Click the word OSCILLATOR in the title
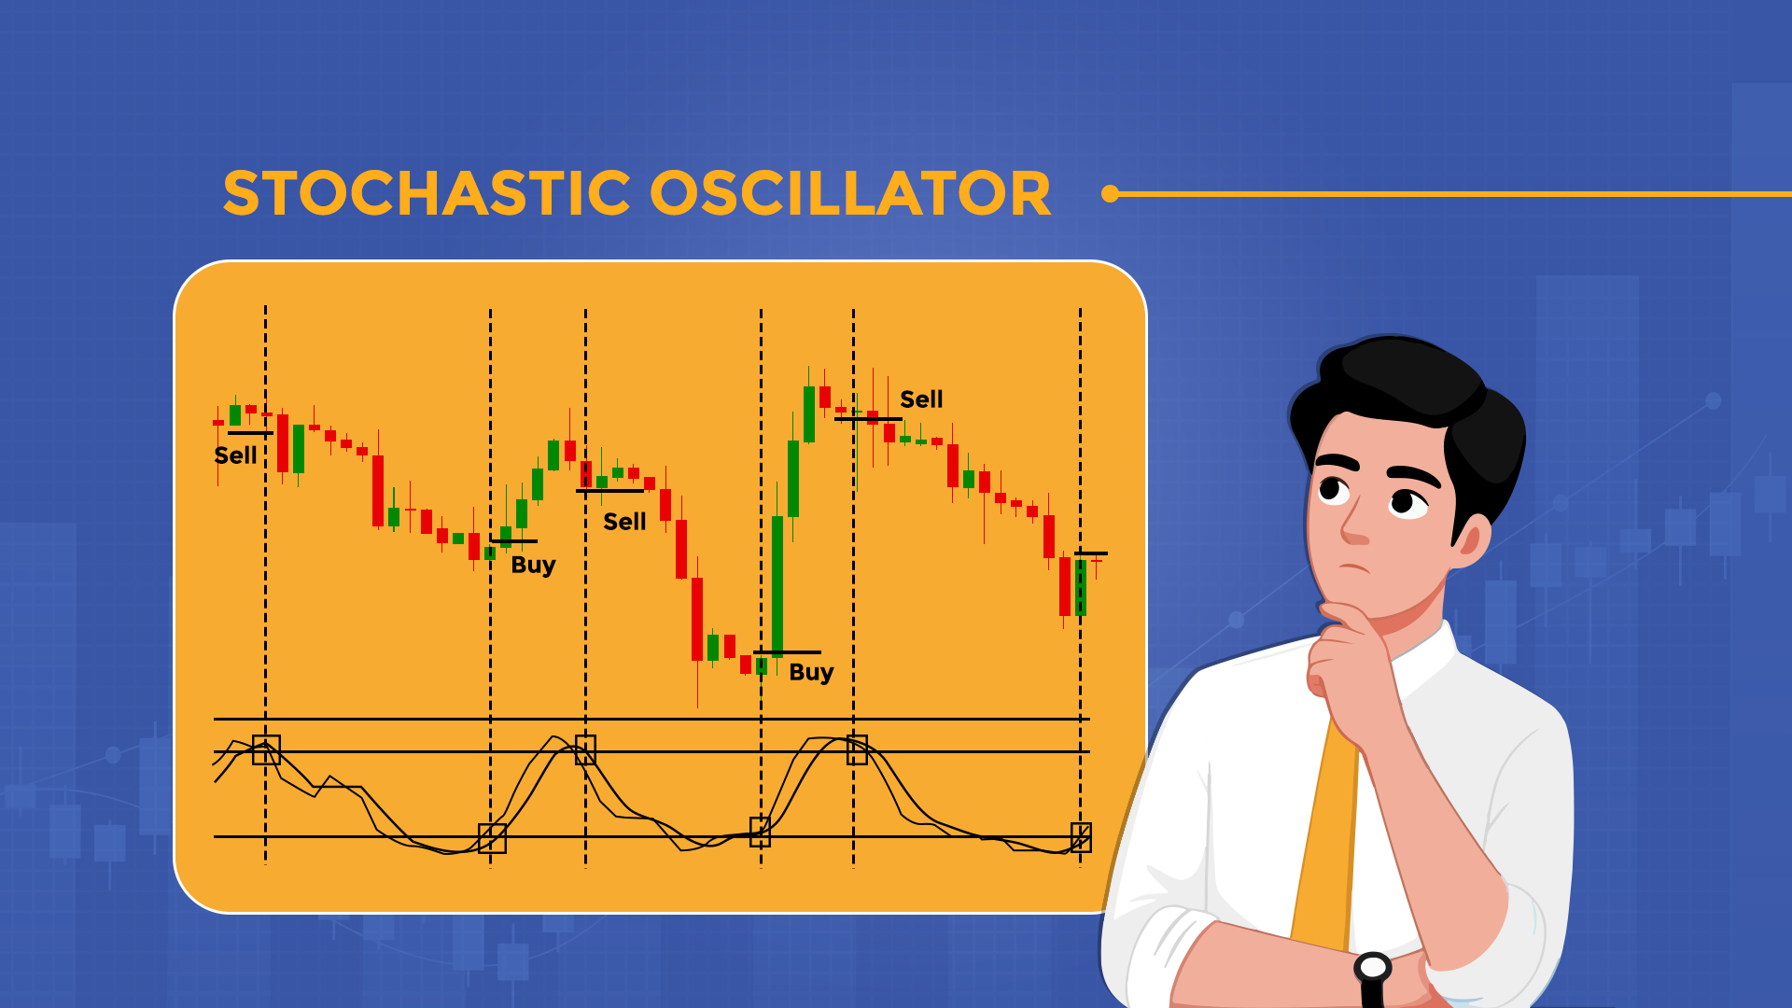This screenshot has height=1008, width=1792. coord(850,194)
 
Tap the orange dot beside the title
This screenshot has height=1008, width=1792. coord(1110,194)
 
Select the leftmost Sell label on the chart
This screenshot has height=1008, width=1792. coord(235,455)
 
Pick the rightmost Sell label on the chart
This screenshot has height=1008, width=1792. coord(921,399)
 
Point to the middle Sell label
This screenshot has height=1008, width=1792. coord(624,522)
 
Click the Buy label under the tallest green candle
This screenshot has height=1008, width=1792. coord(811,672)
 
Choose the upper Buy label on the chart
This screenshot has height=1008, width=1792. coord(533,565)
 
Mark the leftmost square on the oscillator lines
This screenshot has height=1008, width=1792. coord(266,749)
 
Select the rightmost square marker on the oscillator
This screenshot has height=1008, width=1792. coord(1081,837)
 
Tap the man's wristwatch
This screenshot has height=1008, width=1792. coord(1373,969)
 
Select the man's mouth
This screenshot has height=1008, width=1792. coord(1354,568)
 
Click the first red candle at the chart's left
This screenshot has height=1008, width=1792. coord(218,423)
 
